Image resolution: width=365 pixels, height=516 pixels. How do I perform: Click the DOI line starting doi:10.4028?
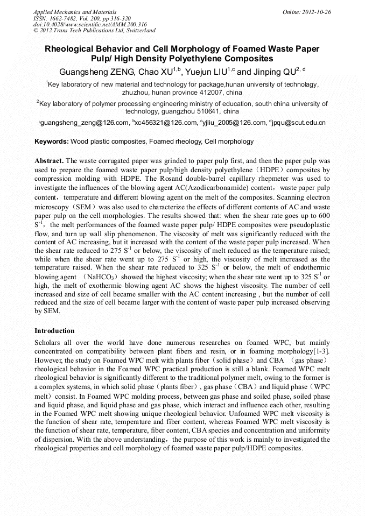point(90,25)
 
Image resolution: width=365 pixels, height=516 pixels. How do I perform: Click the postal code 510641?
point(206,111)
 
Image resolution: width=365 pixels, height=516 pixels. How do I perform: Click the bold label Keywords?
point(52,142)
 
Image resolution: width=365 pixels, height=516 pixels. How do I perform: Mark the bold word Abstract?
point(49,161)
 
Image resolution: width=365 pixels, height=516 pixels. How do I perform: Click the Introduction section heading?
point(54,330)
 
